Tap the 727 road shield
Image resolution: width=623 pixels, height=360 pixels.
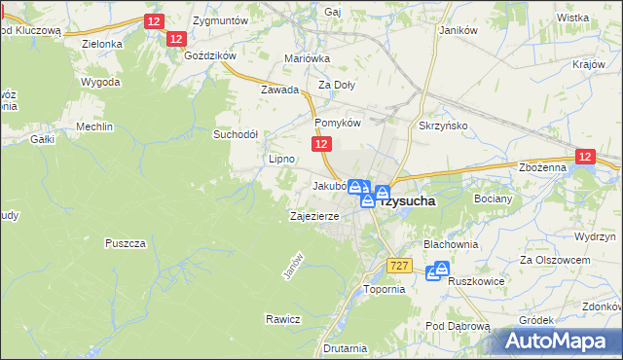point(398,266)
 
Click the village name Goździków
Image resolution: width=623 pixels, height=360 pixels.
point(210,55)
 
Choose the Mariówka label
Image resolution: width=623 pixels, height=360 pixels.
point(308,58)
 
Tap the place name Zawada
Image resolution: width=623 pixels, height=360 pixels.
point(278,89)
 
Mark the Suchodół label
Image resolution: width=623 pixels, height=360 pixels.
point(236,134)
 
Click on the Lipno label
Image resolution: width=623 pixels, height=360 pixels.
point(281,158)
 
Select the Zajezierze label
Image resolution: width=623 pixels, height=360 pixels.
point(313,216)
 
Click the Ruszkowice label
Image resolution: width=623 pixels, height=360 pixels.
point(476,282)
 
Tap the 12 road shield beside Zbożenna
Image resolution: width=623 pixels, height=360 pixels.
point(584,156)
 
